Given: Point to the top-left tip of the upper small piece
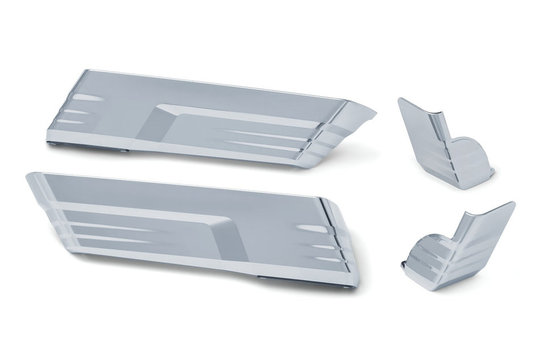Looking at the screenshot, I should tap(400, 100).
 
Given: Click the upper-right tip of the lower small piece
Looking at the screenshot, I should tap(513, 203).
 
